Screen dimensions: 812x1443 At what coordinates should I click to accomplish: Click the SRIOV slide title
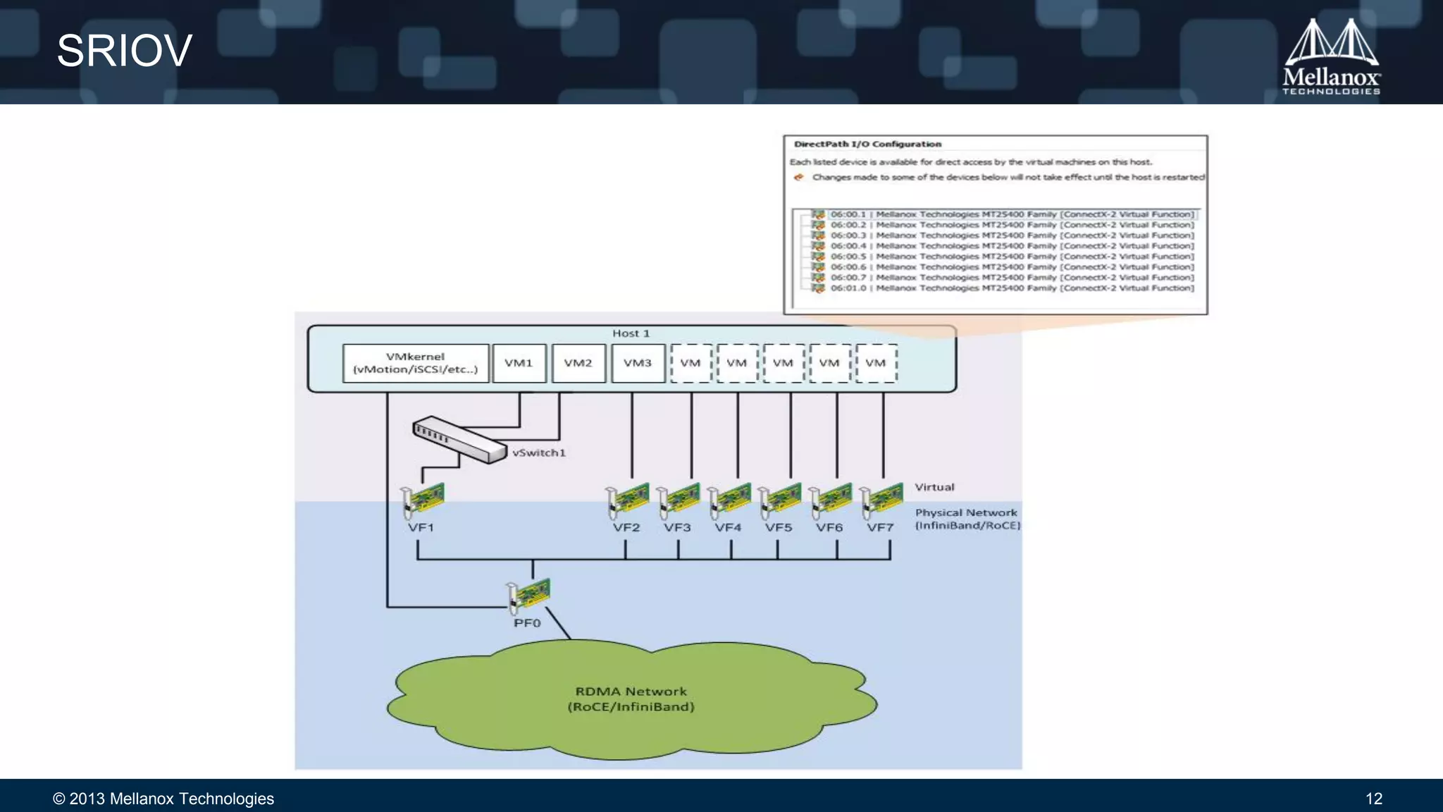pyautogui.click(x=124, y=51)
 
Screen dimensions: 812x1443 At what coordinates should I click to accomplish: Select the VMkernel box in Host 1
pyautogui.click(x=415, y=363)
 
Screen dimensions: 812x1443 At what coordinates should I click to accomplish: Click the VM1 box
pyautogui.click(x=519, y=363)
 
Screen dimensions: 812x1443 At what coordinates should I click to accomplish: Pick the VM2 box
pyautogui.click(x=578, y=363)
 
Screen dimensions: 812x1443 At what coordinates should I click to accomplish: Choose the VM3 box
pyautogui.click(x=638, y=363)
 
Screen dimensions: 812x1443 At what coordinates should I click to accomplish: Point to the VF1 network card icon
pyautogui.click(x=422, y=500)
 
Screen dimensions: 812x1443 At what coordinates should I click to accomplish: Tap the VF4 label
pyautogui.click(x=728, y=527)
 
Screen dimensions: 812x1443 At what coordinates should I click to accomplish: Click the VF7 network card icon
pyautogui.click(x=881, y=500)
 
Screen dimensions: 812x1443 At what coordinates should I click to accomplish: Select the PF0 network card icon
pyautogui.click(x=528, y=596)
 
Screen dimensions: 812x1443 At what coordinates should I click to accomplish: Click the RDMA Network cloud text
pyautogui.click(x=631, y=699)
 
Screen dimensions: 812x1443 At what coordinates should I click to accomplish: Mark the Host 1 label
pyautogui.click(x=631, y=333)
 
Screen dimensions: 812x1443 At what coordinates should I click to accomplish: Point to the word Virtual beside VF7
pyautogui.click(x=934, y=487)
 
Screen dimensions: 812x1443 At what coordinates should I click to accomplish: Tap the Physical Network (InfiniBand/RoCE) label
pyautogui.click(x=967, y=519)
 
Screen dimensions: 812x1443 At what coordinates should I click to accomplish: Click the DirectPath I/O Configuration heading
pyautogui.click(x=867, y=144)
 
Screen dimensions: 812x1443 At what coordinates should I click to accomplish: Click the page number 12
pyautogui.click(x=1373, y=799)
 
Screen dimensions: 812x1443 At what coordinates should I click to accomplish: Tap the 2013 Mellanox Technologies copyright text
pyautogui.click(x=163, y=799)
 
